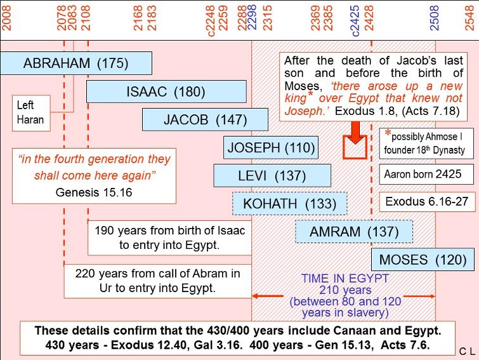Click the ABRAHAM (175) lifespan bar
pyautogui.click(x=76, y=63)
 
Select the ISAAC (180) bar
pyautogui.click(x=166, y=91)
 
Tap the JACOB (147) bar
pyautogui.click(x=205, y=119)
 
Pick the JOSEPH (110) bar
pyautogui.click(x=271, y=147)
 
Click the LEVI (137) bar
pyautogui.click(x=272, y=175)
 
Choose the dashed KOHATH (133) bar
pyautogui.click(x=289, y=204)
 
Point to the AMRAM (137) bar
pyautogui.click(x=354, y=232)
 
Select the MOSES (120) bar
pyautogui.click(x=423, y=260)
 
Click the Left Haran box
pyautogui.click(x=31, y=113)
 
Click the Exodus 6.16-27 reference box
pyautogui.click(x=427, y=202)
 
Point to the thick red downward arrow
pyautogui.click(x=355, y=140)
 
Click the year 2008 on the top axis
pyautogui.click(x=6, y=18)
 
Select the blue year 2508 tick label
pyautogui.click(x=434, y=18)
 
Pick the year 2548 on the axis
pyautogui.click(x=469, y=18)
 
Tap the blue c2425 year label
pyautogui.click(x=355, y=21)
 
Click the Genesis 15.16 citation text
pyautogui.click(x=94, y=192)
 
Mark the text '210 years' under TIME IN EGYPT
pyautogui.click(x=345, y=290)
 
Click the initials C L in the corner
pyautogui.click(x=468, y=352)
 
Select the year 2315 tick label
pyautogui.click(x=267, y=18)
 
